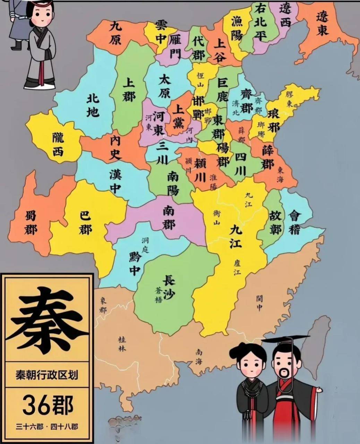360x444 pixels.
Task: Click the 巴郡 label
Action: (x=85, y=223)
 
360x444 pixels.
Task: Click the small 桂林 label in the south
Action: (x=122, y=343)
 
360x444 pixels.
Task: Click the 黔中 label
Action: (x=134, y=264)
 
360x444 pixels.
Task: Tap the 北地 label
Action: (x=93, y=105)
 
